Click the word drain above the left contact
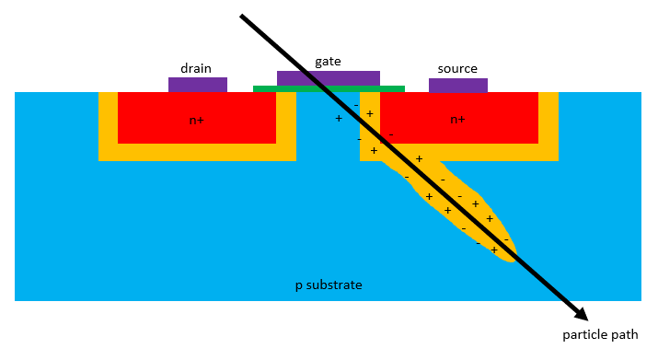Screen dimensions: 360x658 click(197, 67)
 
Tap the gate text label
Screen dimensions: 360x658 click(328, 61)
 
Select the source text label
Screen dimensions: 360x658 click(457, 67)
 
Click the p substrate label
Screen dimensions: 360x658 click(328, 285)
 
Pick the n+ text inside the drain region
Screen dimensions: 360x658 click(197, 120)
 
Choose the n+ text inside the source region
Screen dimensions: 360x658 click(457, 120)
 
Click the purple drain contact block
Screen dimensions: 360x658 click(197, 84)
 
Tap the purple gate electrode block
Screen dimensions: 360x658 click(328, 78)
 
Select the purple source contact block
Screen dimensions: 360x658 click(457, 85)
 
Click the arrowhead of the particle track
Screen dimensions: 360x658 click(580, 312)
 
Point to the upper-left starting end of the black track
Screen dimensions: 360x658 click(243, 17)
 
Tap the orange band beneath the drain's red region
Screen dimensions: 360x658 click(197, 152)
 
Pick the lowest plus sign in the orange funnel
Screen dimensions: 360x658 click(494, 250)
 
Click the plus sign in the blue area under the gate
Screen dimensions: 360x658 click(339, 119)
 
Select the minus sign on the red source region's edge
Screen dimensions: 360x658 click(391, 134)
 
